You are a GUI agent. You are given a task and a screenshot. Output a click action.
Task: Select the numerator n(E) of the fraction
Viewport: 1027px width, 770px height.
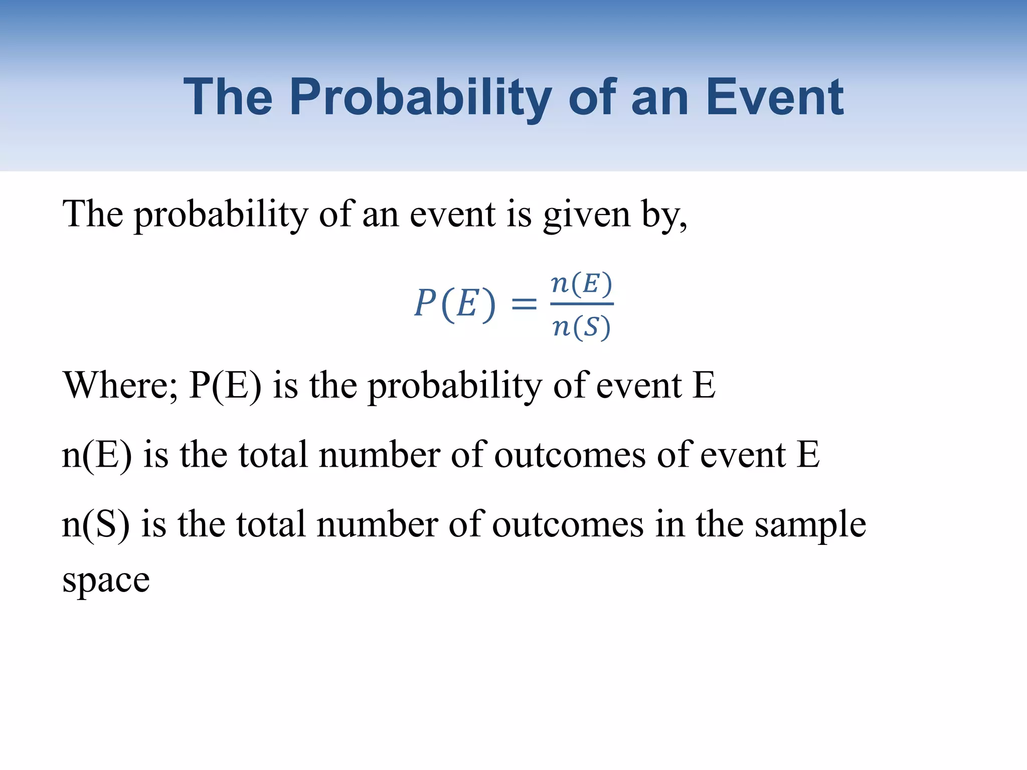(x=582, y=284)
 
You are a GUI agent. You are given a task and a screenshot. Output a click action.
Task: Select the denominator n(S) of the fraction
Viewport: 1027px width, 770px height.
(x=582, y=327)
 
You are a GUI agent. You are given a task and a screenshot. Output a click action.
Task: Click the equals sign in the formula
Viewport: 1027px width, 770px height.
(x=524, y=304)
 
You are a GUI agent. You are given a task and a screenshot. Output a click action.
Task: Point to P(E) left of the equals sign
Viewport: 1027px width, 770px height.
(x=455, y=304)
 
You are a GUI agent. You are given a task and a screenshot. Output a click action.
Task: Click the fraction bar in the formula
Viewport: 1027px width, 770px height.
(x=582, y=304)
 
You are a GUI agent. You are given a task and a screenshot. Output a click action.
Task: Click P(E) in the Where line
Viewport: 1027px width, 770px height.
(x=225, y=386)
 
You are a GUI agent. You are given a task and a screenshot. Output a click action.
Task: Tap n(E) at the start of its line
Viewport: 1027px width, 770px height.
(x=97, y=455)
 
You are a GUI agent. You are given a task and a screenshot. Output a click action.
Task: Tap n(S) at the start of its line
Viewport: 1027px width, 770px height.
(x=96, y=524)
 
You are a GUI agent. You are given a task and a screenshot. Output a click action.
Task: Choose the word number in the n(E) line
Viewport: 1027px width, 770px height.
(x=380, y=455)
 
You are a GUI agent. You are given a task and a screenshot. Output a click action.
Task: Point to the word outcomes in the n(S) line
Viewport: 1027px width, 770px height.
(x=568, y=524)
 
